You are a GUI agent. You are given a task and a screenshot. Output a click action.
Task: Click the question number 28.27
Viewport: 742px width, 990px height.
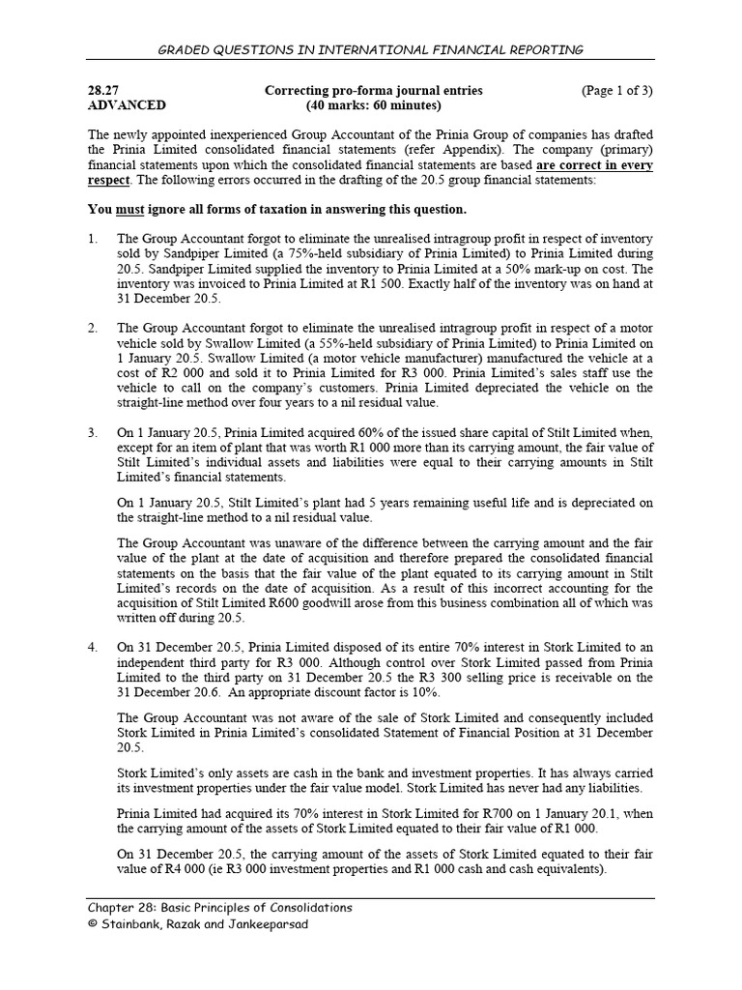pyautogui.click(x=104, y=91)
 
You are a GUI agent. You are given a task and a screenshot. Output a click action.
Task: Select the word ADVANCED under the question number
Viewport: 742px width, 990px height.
pyautogui.click(x=127, y=105)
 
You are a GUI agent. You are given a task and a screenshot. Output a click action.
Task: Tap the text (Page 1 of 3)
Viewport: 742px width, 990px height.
pyautogui.click(x=616, y=91)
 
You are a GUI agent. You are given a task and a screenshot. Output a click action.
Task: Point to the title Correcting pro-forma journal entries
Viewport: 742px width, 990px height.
pyautogui.click(x=373, y=91)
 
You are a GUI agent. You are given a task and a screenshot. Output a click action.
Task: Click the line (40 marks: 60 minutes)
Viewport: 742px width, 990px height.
pyautogui.click(x=373, y=105)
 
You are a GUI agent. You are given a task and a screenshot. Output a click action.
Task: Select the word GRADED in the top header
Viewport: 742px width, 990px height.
pyautogui.click(x=190, y=49)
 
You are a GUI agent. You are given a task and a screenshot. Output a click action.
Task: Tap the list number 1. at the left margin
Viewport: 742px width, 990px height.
pyautogui.click(x=93, y=239)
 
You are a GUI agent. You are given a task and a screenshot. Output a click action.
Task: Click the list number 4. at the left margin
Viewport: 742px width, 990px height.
pyautogui.click(x=93, y=647)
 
